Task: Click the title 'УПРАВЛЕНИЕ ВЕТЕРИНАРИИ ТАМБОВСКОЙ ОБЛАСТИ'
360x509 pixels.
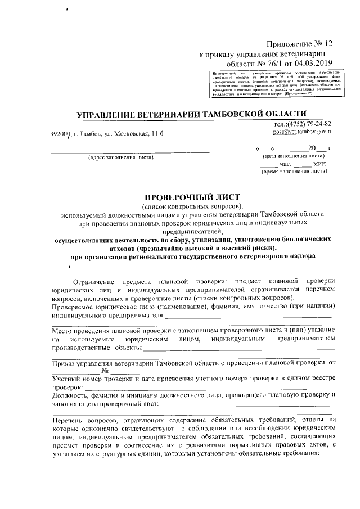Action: [191, 115]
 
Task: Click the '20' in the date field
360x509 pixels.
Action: [312, 148]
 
